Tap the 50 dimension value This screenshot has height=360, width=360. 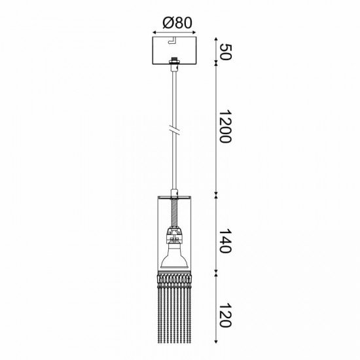point(225,50)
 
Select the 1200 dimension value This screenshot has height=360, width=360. point(225,128)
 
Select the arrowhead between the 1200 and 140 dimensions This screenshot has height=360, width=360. point(217,194)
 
